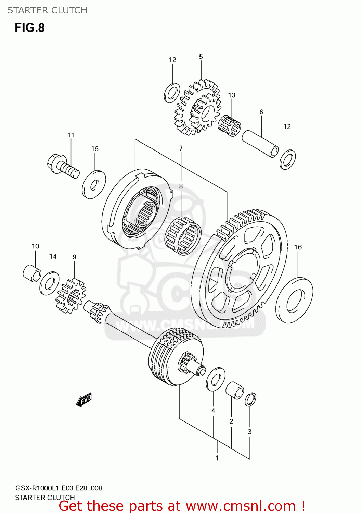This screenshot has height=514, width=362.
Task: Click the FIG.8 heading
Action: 30,28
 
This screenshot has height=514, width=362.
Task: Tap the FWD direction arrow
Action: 84,400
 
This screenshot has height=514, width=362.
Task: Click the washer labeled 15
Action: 94,184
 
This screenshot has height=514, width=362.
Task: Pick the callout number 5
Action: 201,57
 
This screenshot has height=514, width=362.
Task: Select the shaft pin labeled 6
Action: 260,143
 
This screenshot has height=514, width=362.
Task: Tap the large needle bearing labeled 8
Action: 183,236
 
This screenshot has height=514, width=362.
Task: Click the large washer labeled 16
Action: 294,300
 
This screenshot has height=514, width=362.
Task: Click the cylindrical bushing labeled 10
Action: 32,273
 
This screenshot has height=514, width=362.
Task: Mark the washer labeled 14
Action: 49,283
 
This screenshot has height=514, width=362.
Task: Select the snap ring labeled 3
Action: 250,399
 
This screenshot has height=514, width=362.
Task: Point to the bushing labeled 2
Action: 235,390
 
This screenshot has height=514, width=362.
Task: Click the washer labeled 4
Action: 216,379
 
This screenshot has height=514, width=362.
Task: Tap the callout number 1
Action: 217,458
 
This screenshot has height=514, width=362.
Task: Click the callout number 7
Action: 181,148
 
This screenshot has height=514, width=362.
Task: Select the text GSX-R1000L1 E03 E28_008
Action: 59,488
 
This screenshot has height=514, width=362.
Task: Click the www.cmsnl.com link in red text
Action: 241,506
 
